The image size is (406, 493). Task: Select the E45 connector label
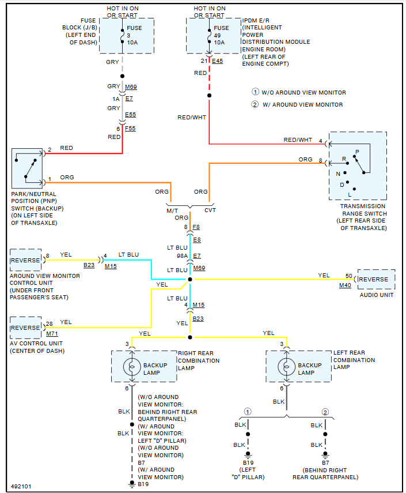click(x=217, y=61)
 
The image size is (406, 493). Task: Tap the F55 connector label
click(x=131, y=128)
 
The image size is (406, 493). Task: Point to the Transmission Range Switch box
click(x=356, y=165)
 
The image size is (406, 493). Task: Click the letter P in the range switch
click(x=356, y=152)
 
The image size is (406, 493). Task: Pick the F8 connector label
click(x=196, y=227)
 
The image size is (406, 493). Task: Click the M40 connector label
click(x=345, y=285)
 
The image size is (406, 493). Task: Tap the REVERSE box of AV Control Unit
click(x=26, y=328)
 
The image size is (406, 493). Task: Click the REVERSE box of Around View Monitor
click(x=26, y=260)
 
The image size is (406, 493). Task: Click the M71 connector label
click(x=52, y=334)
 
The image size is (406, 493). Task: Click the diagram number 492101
click(x=21, y=486)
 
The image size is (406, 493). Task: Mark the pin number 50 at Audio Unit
click(x=348, y=276)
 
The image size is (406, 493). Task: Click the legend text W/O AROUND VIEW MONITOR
click(x=303, y=92)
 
